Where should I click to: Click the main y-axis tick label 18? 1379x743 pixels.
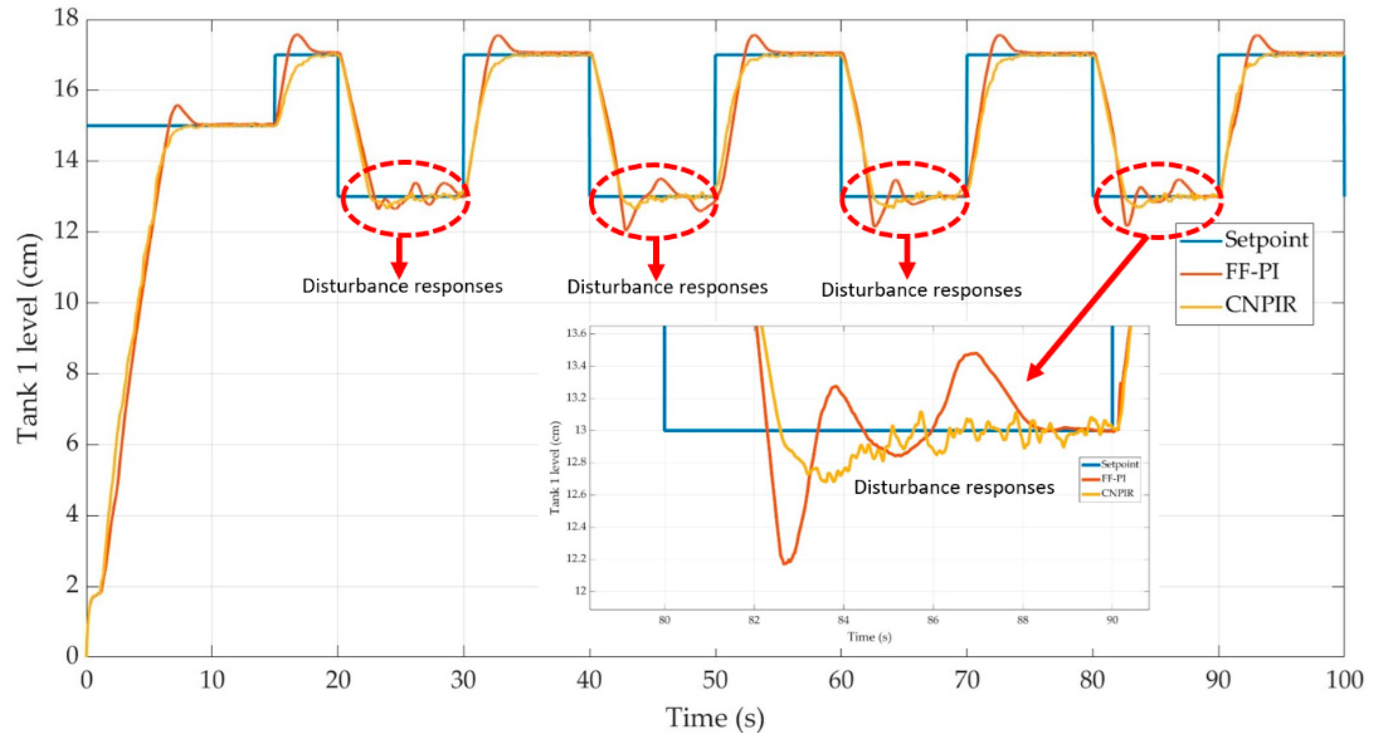(65, 18)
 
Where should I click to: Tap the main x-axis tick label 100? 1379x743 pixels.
(1344, 681)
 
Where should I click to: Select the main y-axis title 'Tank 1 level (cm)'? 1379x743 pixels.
(28, 338)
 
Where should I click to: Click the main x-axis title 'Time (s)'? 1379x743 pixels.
(715, 718)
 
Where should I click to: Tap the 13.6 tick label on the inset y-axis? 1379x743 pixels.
(576, 333)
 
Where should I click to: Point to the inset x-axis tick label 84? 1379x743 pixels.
(843, 620)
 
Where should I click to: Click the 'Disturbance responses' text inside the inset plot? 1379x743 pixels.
(954, 487)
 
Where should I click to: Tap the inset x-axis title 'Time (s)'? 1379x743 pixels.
(869, 637)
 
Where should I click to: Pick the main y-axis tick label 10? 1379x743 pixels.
(65, 303)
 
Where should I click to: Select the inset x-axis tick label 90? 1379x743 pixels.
(1112, 620)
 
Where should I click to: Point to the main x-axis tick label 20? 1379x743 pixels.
(337, 681)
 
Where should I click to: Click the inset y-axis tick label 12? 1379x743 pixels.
(580, 591)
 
